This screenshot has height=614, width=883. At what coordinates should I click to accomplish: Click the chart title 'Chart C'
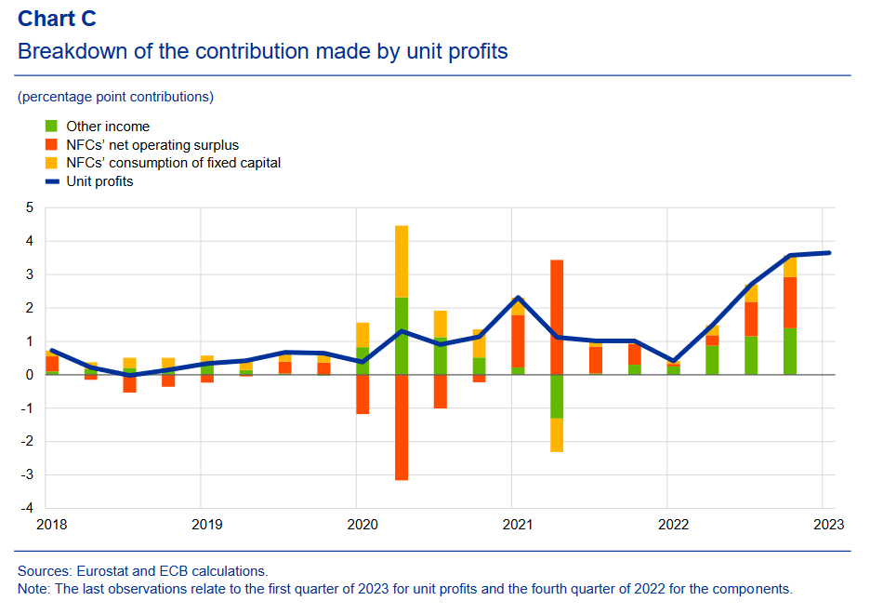[57, 18]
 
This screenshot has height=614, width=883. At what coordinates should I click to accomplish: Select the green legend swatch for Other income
[52, 127]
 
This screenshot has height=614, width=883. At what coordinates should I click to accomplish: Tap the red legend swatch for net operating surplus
[52, 145]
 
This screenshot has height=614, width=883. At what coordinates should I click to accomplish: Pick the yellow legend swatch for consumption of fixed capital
[52, 163]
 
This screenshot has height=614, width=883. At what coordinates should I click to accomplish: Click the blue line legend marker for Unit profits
[52, 181]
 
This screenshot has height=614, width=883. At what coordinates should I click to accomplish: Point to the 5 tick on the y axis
[29, 207]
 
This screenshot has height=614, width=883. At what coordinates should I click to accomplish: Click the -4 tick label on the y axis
[27, 509]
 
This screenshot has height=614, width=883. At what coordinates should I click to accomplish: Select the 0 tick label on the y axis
[29, 375]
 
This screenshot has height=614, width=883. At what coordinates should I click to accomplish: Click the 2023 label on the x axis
[827, 525]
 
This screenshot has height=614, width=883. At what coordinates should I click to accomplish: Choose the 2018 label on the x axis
[51, 525]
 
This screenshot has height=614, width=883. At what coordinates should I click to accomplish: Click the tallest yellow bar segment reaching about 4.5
[402, 261]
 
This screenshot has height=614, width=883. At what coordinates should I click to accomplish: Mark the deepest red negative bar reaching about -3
[402, 427]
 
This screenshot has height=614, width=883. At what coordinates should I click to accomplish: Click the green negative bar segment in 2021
[557, 396]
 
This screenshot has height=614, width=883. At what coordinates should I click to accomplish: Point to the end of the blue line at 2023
[827, 252]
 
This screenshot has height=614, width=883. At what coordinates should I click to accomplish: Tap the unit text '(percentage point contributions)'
[115, 97]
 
